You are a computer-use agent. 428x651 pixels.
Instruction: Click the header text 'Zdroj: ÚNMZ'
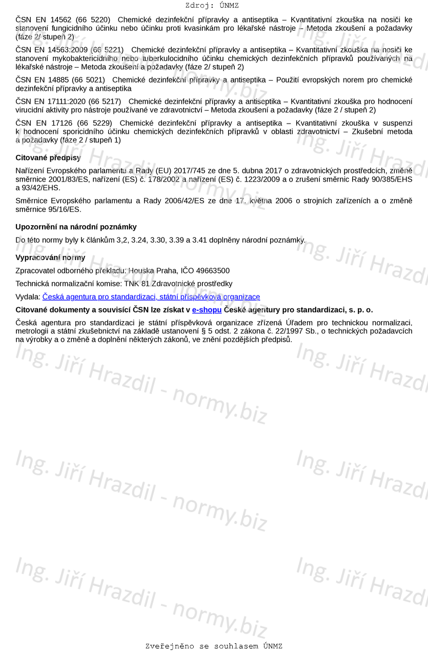(212, 6)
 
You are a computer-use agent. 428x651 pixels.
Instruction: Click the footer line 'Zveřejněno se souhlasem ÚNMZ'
(214, 646)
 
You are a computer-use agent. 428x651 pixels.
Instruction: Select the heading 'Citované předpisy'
(48, 157)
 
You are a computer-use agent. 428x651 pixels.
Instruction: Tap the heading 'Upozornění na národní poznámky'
(76, 227)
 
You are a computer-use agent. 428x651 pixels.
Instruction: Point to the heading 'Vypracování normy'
(50, 258)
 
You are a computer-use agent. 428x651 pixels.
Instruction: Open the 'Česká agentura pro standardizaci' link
(151, 297)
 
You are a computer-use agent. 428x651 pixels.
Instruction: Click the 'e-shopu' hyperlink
(207, 310)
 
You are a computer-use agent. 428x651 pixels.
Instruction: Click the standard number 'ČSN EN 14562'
(43, 20)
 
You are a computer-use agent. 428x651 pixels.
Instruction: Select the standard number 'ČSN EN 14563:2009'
(51, 50)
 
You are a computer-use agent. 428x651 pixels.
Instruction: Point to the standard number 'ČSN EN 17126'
(44, 123)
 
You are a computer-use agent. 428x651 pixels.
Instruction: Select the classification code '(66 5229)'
(94, 123)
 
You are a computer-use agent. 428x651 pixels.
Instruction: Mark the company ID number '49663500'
(213, 271)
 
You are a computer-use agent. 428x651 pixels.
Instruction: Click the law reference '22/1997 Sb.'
(293, 331)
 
